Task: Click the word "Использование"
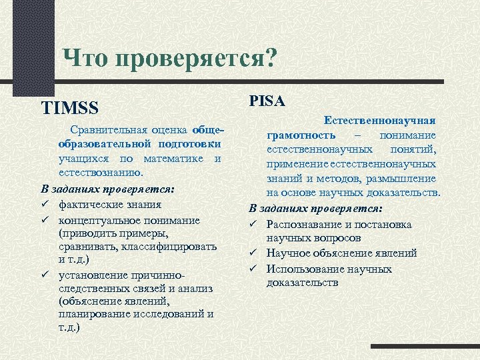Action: [x=306, y=269]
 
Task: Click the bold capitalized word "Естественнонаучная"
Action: [x=380, y=120]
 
